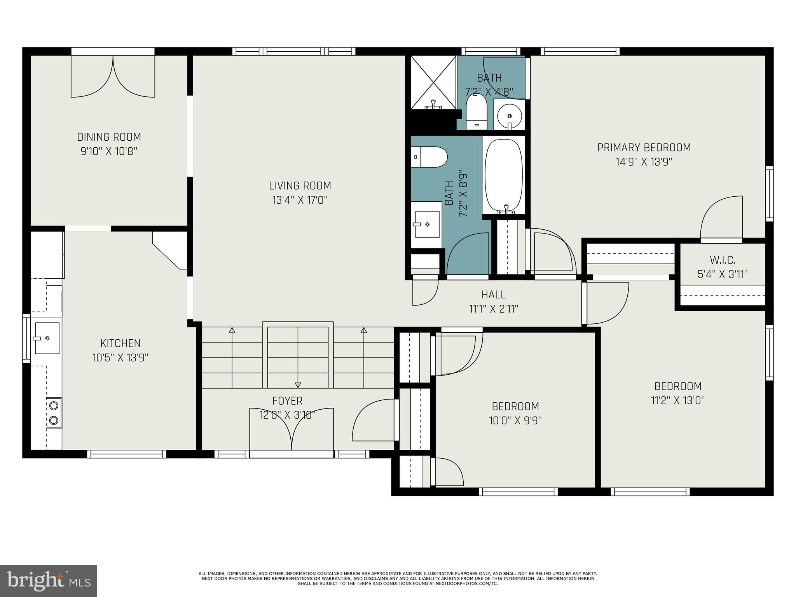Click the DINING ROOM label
[109, 137]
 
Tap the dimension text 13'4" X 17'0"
[300, 200]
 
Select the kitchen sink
[47, 338]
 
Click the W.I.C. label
[723, 260]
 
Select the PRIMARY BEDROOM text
[644, 148]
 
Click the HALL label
[494, 295]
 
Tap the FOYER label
[287, 401]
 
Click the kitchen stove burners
[54, 413]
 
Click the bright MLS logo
[49, 581]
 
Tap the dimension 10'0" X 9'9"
[515, 420]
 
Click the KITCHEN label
[120, 343]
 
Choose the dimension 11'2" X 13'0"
[678, 400]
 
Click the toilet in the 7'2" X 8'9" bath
[429, 157]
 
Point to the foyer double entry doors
[292, 429]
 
